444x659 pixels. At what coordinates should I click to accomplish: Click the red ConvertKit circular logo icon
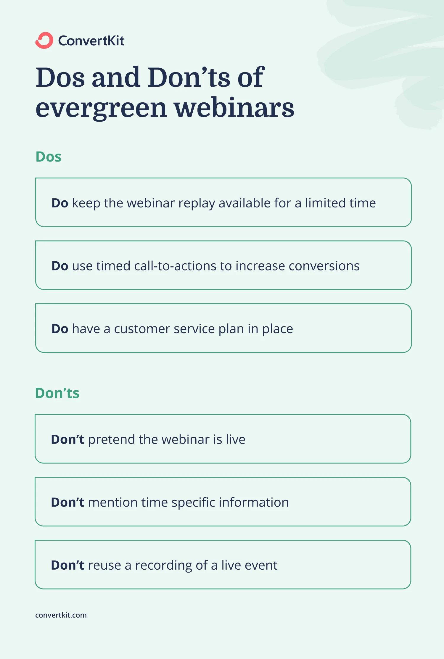pyautogui.click(x=44, y=40)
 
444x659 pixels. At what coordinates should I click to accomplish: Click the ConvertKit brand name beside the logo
pyautogui.click(x=91, y=41)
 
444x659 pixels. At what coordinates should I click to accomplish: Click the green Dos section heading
pyautogui.click(x=49, y=157)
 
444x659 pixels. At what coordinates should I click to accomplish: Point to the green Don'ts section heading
pyautogui.click(x=57, y=393)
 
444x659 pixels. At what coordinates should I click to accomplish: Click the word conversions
pyautogui.click(x=324, y=266)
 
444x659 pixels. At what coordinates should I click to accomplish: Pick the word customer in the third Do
pyautogui.click(x=142, y=329)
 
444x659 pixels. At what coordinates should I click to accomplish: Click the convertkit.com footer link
pyautogui.click(x=61, y=615)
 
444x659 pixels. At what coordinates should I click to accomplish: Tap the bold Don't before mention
pyautogui.click(x=68, y=502)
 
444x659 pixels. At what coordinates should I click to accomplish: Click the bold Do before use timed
pyautogui.click(x=60, y=266)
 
